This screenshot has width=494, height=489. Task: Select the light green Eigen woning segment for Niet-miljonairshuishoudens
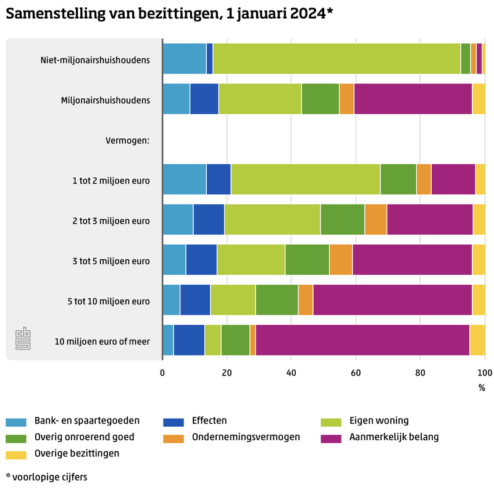(337, 59)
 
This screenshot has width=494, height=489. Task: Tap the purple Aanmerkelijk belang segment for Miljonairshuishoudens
(413, 99)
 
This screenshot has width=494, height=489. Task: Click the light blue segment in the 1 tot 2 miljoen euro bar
(184, 180)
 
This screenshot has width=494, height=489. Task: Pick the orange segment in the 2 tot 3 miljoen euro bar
(375, 219)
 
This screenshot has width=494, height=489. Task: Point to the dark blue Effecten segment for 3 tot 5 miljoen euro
(201, 260)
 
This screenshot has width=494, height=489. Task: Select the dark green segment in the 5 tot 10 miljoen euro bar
(277, 300)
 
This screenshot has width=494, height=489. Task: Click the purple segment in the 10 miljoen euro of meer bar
(362, 340)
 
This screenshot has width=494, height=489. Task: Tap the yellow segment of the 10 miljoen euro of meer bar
(477, 340)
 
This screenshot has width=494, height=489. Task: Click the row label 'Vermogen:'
(128, 140)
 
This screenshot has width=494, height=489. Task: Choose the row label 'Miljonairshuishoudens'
(106, 99)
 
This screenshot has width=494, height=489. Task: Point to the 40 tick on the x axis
(291, 372)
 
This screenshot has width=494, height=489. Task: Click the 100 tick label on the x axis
(485, 372)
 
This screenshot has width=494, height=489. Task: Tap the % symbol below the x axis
(482, 388)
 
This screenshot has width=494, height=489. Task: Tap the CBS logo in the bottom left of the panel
(23, 340)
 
